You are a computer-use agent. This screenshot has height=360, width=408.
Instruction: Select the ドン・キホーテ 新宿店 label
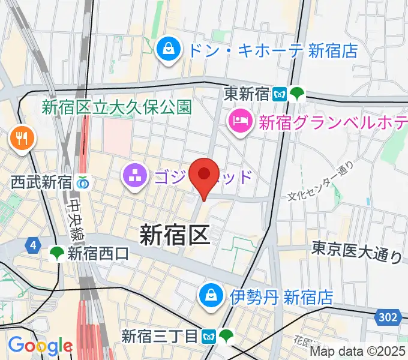point(272,50)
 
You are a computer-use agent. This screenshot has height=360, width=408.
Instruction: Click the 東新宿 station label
point(247,94)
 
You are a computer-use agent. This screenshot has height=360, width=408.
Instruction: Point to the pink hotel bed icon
point(241,122)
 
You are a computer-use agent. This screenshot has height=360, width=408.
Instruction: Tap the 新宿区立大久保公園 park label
point(116,107)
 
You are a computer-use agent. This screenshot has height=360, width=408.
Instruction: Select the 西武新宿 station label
point(41,180)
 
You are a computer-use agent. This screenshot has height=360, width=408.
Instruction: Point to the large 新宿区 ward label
point(175,234)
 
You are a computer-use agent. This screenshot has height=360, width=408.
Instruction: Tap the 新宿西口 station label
point(98,254)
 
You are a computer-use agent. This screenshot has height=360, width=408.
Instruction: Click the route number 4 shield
point(32,245)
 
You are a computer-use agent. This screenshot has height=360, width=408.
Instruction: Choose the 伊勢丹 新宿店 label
point(282,296)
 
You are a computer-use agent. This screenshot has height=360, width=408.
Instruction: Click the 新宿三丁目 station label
point(160,336)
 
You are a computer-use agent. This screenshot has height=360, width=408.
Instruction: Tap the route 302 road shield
point(388,317)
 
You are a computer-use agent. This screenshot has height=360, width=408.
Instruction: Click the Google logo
point(40,346)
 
